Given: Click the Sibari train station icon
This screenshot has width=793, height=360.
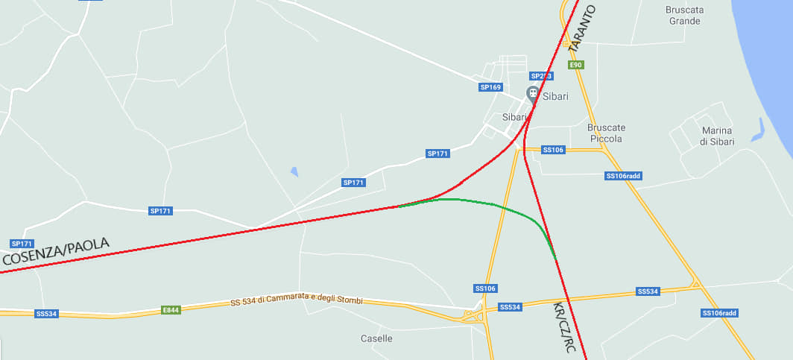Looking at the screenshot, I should click(x=533, y=93).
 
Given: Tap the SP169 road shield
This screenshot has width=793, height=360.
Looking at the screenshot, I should click(x=490, y=87).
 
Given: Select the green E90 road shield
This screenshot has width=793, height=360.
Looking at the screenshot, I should click(x=575, y=65).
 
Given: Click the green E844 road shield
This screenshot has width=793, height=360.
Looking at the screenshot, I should click(x=171, y=309).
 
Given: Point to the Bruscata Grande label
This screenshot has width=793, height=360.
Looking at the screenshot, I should click(x=684, y=16).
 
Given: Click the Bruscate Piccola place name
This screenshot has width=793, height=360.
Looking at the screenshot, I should click(x=604, y=133).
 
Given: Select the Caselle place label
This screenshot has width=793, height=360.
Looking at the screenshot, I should click(x=376, y=338).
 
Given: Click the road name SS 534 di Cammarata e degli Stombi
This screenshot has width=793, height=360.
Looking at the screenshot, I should click(x=296, y=300).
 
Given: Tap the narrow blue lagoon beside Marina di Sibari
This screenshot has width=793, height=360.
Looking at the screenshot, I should click(x=759, y=130).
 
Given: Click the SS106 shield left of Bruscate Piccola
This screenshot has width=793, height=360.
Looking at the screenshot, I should click(x=553, y=150).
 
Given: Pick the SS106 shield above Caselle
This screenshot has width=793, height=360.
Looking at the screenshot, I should click(x=485, y=288).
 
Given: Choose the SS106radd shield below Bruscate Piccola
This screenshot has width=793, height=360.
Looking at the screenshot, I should click(x=623, y=176).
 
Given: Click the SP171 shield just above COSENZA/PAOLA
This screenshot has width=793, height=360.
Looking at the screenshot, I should click(x=22, y=244).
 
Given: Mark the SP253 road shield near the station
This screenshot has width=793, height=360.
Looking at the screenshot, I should click(x=541, y=76).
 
